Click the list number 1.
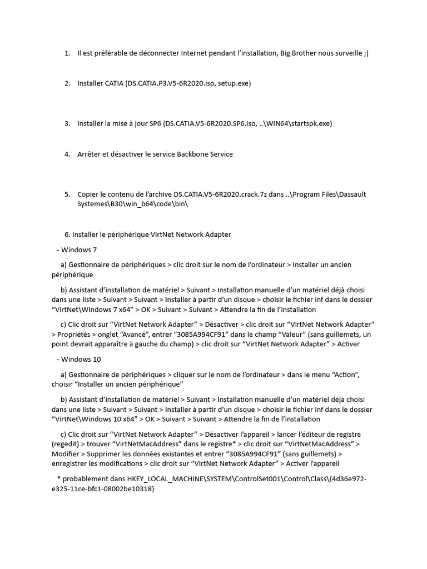tap(67, 53)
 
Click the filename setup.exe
tap(234, 83)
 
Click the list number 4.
tap(67, 154)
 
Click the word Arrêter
tap(90, 154)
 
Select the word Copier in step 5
tap(89, 194)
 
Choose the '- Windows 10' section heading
tap(78, 360)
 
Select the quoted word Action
tap(345, 375)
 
